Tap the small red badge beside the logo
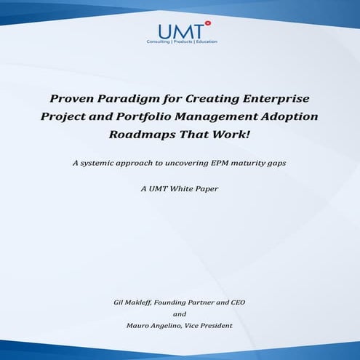pyautogui.click(x=208, y=23)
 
